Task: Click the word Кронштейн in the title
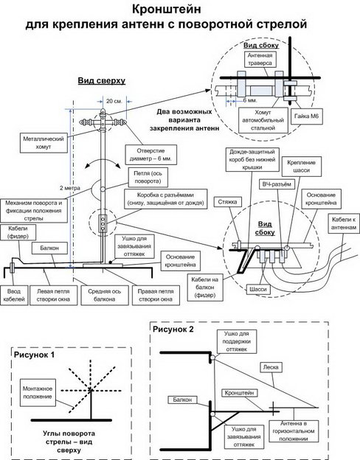[x=167, y=10]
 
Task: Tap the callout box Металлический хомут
[x=44, y=142]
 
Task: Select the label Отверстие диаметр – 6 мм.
[x=151, y=155]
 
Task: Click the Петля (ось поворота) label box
[x=148, y=177]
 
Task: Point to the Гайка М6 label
[x=306, y=116]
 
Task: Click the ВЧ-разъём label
[x=277, y=184]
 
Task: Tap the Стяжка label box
[x=227, y=202]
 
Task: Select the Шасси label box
[x=258, y=289]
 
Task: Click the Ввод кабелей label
[x=14, y=296]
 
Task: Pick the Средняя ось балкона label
[x=105, y=296]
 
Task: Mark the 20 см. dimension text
[x=114, y=101]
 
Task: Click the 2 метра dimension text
[x=70, y=188]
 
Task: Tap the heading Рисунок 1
[x=35, y=355]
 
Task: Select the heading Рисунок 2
[x=173, y=330]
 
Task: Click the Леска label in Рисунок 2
[x=271, y=367]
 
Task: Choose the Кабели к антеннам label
[x=344, y=223]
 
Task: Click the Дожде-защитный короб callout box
[x=252, y=159]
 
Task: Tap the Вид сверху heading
[x=102, y=80]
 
